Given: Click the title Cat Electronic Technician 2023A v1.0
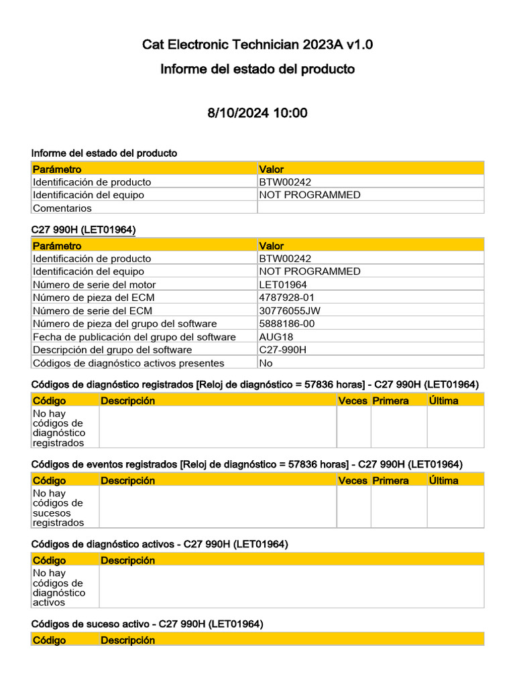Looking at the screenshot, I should [x=257, y=45].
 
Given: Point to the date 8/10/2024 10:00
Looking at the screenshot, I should [x=257, y=113].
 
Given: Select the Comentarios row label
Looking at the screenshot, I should [x=62, y=208].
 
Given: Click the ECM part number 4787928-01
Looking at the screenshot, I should [x=287, y=297].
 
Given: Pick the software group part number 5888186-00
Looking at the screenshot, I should [x=287, y=324].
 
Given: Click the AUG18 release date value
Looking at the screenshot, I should [x=276, y=337].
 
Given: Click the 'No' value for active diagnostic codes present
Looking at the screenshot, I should [x=266, y=363].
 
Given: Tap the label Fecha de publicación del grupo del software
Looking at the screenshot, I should [x=134, y=337].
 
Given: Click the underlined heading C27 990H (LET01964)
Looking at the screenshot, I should [x=84, y=230].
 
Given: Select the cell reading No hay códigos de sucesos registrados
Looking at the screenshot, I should [x=59, y=508].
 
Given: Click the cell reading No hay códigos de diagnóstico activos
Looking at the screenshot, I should [x=59, y=588].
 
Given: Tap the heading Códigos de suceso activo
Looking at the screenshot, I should [x=148, y=624].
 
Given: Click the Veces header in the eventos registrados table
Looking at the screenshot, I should [x=353, y=480].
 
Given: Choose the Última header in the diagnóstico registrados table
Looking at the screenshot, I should [x=444, y=401].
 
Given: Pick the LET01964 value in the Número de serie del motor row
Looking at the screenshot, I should [x=283, y=285].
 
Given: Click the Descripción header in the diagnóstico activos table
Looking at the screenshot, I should [x=127, y=560].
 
